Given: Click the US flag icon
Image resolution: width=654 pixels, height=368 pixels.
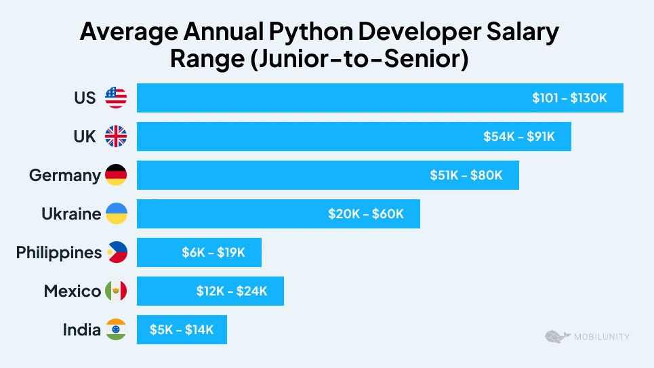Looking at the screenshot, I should point(116,98).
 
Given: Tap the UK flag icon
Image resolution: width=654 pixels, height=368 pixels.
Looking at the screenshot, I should point(116,137).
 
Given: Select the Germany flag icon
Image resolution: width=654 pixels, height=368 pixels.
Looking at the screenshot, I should point(116,176).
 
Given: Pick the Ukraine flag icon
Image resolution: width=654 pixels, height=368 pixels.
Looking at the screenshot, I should point(116,214).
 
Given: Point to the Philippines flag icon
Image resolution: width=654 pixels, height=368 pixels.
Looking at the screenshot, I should point(116,253).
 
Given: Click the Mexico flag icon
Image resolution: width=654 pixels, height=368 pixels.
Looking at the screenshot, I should point(116,291).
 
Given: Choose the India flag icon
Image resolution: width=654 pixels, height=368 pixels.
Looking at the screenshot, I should point(116,330).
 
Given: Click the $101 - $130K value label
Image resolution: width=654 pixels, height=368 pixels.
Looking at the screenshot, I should point(569,98).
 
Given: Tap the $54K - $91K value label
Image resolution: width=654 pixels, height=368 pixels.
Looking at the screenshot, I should point(519,137).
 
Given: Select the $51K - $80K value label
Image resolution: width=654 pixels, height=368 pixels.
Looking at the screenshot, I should point(466,176).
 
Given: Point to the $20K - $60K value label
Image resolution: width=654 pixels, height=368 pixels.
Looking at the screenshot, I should point(366,214).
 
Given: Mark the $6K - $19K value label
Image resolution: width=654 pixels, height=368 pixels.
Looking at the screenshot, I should point(213,253).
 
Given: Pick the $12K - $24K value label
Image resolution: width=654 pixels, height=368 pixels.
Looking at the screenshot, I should point(232,291).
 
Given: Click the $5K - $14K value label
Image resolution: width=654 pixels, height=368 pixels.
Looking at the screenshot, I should point(182,330).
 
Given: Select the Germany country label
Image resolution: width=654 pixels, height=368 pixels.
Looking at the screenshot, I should point(64,176).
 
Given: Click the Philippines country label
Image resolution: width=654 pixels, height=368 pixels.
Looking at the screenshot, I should point(59,253).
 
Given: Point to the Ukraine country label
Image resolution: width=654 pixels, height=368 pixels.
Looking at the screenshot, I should point(70,214).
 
